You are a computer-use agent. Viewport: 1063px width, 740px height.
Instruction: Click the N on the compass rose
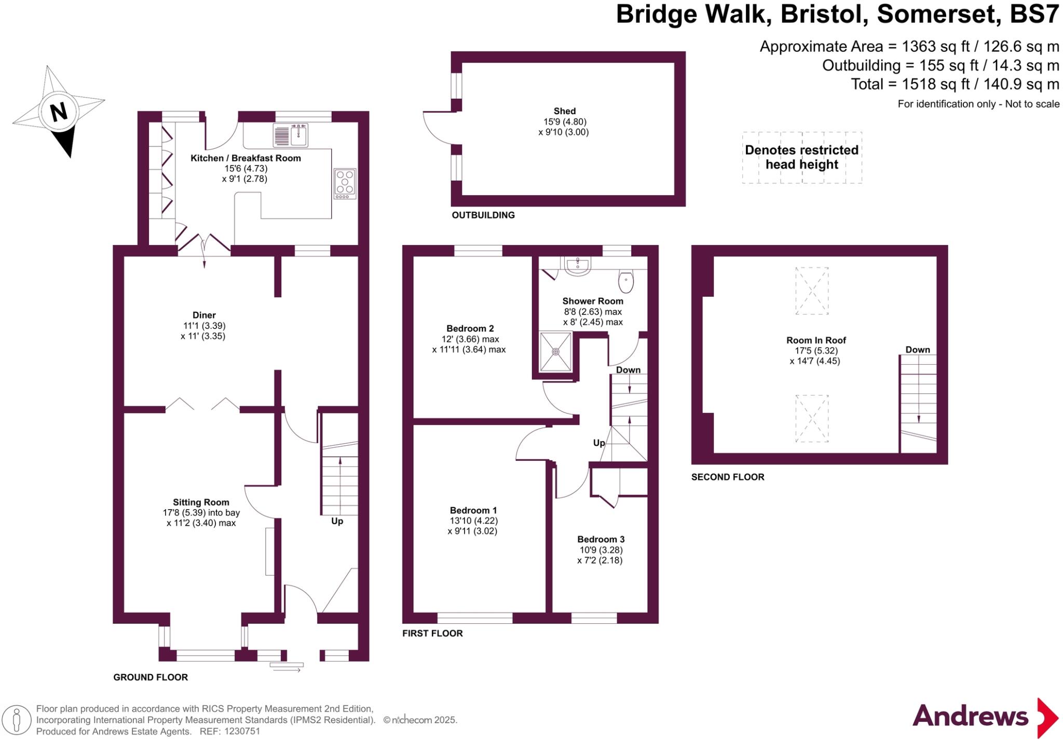coord(59,112)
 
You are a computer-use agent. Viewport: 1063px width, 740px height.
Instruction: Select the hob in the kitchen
coord(345,183)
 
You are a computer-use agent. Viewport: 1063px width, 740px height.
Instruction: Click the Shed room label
coord(564,111)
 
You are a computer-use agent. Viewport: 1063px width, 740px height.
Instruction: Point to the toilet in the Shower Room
coord(626,282)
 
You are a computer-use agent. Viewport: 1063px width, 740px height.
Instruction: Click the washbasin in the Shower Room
coord(577,266)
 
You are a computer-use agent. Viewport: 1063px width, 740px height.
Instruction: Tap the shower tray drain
coord(556,352)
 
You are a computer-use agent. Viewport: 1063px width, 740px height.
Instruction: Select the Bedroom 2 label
coord(470,328)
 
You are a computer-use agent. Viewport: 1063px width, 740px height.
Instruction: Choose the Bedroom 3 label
coord(601,539)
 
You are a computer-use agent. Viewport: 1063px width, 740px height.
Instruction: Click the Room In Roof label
coord(816,340)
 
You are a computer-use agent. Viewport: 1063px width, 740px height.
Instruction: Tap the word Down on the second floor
coord(918,350)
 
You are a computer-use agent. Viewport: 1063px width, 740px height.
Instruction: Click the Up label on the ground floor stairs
coord(337,521)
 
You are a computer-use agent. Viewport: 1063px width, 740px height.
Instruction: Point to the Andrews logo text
coord(970,717)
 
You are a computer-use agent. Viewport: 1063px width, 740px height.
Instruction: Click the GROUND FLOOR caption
coord(151,677)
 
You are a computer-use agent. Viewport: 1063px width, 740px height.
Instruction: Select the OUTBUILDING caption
coord(483,215)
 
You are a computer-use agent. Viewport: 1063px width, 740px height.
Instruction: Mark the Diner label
coord(204,315)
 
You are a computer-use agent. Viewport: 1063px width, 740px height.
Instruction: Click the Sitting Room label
coord(201,502)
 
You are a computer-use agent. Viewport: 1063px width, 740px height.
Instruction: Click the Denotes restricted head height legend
coord(801,157)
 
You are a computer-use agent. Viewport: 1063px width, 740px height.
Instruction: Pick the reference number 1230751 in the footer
coord(241,731)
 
